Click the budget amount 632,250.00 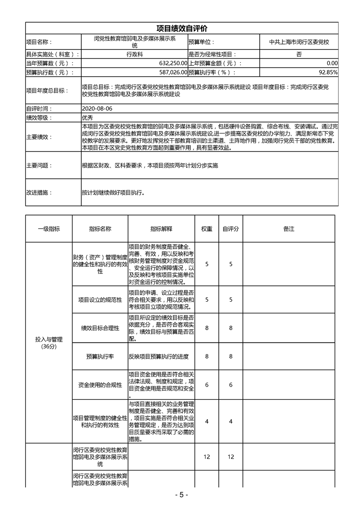[x=168, y=63]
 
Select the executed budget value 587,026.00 [x=168, y=72]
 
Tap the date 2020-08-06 [x=97, y=109]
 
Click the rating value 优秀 [x=87, y=117]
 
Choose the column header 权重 [x=207, y=229]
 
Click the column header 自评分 [x=231, y=229]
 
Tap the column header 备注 [x=289, y=229]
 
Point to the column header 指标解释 [x=161, y=229]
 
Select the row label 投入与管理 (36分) [x=49, y=343]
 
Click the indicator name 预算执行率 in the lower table [x=100, y=357]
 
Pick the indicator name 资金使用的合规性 [x=100, y=385]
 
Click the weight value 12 [x=207, y=457]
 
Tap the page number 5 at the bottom [x=180, y=494]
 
